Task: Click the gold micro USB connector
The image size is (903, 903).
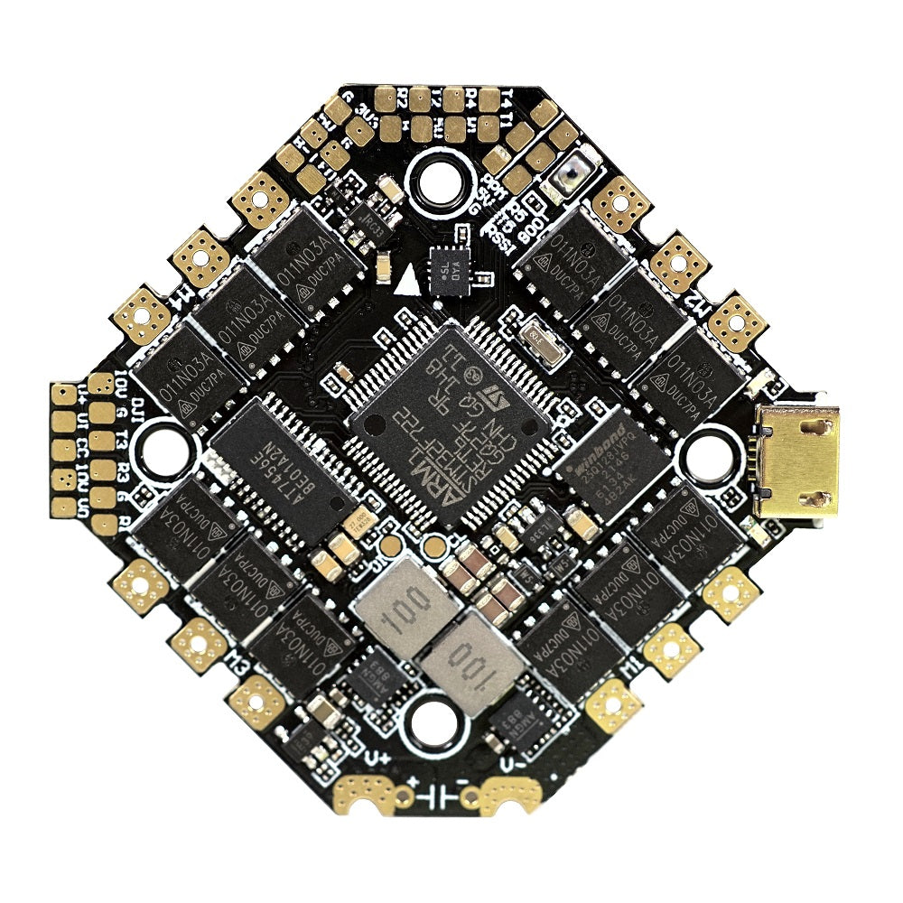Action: [798, 461]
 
